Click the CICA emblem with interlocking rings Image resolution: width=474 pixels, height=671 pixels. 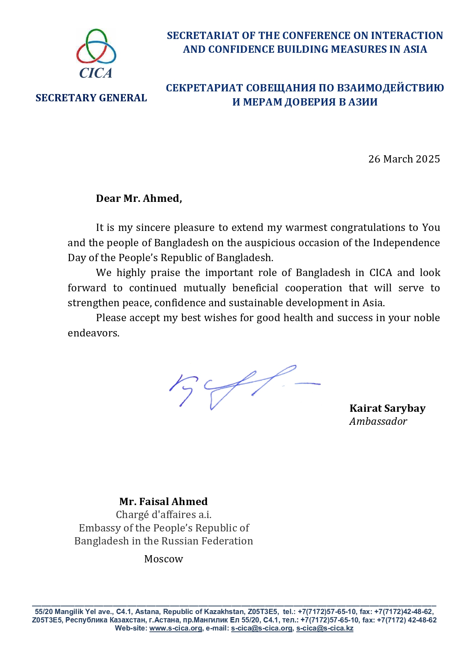(96, 47)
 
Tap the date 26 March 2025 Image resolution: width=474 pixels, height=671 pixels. (404, 159)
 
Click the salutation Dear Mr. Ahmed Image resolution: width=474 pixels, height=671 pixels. (139, 198)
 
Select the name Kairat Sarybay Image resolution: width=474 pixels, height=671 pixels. (387, 408)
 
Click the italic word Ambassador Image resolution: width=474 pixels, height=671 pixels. (378, 421)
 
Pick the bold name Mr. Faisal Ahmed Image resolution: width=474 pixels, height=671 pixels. (163, 502)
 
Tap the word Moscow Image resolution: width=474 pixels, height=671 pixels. (163, 559)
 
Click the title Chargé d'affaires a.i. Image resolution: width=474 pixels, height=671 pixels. (163, 515)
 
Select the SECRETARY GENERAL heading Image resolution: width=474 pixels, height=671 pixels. (91, 98)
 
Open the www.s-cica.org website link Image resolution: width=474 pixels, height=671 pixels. (175, 628)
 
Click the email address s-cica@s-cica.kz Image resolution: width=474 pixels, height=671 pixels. (325, 628)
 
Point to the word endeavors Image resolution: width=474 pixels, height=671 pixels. (94, 333)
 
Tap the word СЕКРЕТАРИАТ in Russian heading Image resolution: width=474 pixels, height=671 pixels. (204, 88)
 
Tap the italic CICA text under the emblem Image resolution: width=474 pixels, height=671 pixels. (96, 73)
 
